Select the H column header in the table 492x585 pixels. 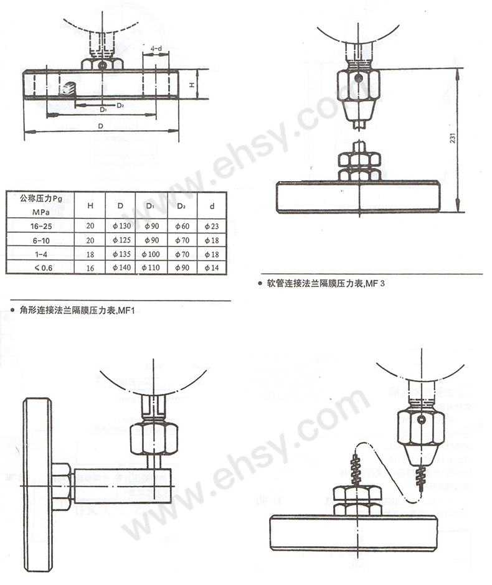(x=90, y=205)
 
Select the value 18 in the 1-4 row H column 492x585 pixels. (x=90, y=253)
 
